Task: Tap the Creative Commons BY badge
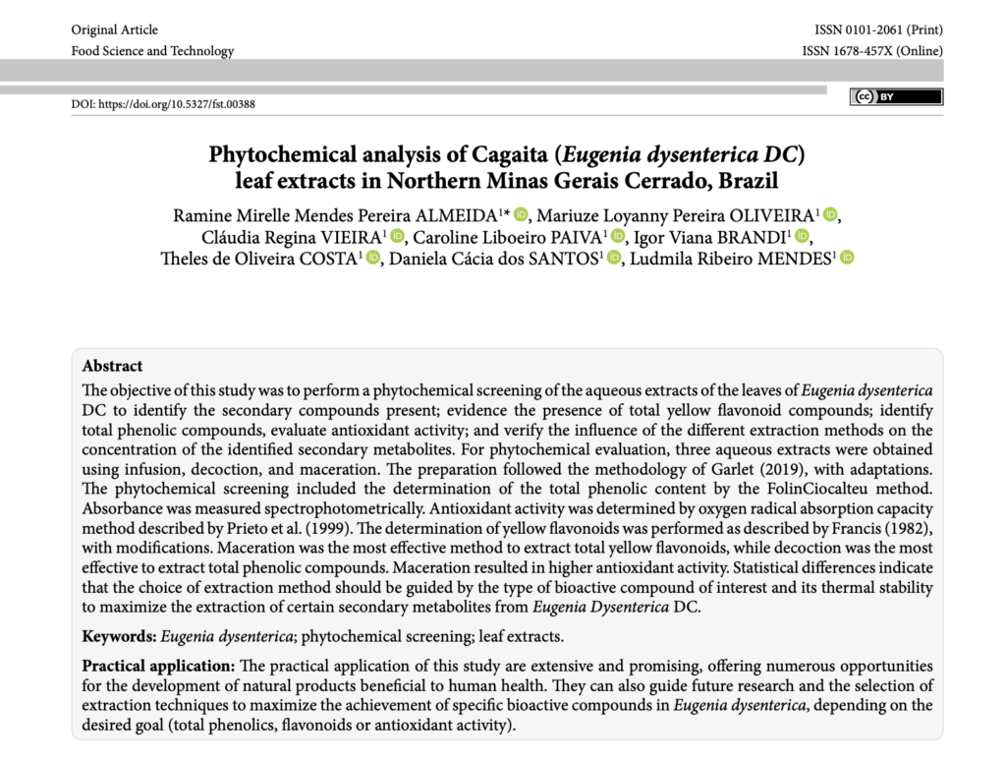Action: click(x=896, y=96)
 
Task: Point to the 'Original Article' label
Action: click(x=114, y=30)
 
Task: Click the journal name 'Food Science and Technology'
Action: click(x=152, y=51)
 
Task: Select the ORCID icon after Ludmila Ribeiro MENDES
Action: click(x=846, y=258)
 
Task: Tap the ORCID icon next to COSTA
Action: click(x=372, y=258)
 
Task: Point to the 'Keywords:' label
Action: click(x=119, y=636)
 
